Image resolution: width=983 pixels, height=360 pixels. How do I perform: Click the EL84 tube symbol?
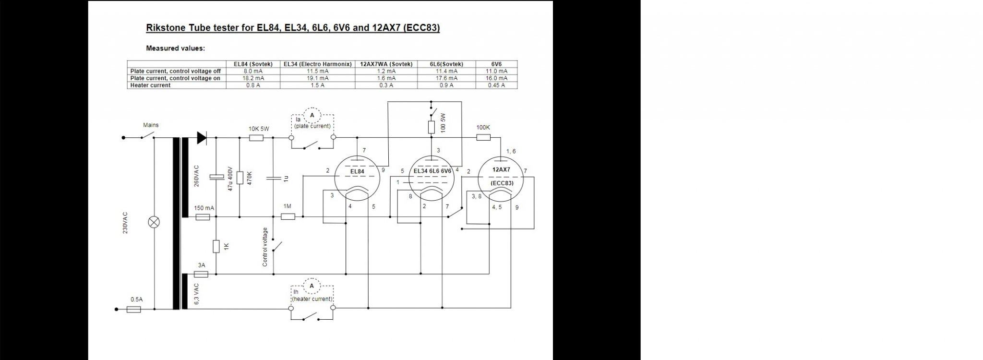(357, 178)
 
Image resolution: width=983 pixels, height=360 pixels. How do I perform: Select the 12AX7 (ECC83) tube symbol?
(501, 179)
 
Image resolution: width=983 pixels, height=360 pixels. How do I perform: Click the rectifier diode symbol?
(202, 138)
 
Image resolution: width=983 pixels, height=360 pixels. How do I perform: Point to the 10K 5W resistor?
(256, 138)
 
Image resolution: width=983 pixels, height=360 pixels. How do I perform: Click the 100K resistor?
(483, 138)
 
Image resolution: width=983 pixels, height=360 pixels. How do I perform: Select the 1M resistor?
(288, 216)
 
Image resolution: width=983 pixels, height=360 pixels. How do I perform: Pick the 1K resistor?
(216, 247)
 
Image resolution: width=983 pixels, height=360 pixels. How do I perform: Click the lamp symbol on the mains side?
(154, 222)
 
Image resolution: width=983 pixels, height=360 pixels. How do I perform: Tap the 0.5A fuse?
(134, 310)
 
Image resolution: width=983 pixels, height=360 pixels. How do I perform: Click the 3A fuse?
(201, 274)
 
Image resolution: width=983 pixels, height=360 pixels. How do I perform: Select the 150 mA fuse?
(203, 217)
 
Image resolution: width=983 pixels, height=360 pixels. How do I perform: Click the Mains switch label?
(151, 125)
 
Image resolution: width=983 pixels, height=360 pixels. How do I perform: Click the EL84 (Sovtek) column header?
(253, 64)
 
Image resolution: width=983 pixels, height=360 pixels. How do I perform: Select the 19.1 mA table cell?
(317, 78)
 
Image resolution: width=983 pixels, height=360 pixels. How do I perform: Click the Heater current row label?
(150, 85)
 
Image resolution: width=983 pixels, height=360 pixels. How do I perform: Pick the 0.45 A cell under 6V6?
(496, 85)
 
